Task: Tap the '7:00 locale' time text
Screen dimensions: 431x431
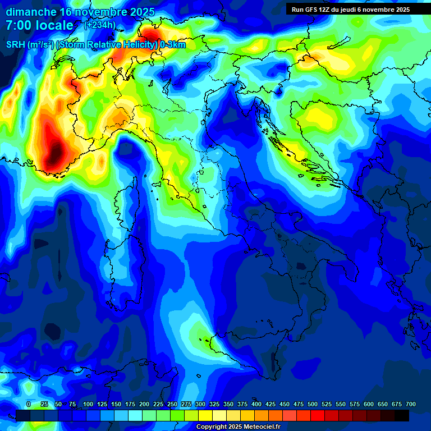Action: tap(40, 25)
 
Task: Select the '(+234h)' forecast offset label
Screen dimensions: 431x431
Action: tap(100, 25)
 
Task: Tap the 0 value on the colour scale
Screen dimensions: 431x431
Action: tap(29, 404)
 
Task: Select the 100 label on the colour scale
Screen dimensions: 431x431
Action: tap(88, 404)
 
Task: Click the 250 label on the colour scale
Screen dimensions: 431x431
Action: tap(172, 404)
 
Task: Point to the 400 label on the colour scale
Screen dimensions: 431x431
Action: tap(256, 404)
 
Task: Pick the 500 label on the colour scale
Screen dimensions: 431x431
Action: tap(313, 404)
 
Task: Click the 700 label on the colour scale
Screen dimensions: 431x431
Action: tap(411, 404)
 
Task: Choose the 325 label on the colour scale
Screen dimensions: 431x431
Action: tap(214, 404)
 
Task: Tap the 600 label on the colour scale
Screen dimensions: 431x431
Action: tap(369, 404)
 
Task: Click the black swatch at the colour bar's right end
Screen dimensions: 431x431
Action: tap(402, 415)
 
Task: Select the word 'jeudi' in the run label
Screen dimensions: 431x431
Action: tap(351, 10)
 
